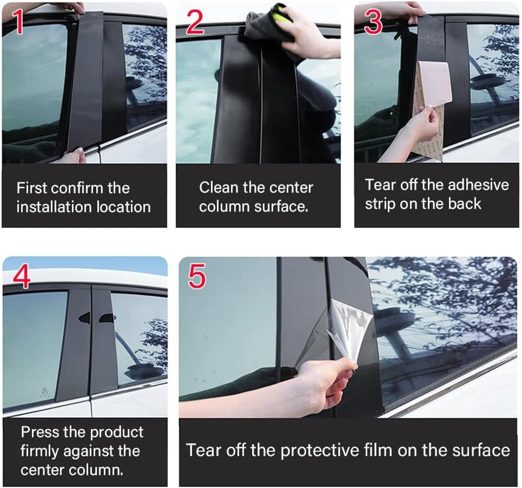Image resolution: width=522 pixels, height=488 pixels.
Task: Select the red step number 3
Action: (x=373, y=22)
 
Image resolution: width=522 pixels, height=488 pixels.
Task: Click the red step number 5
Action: (x=197, y=276)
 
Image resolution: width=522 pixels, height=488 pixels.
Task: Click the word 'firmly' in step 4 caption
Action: (x=40, y=452)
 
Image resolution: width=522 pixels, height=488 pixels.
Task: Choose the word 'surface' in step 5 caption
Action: (x=480, y=450)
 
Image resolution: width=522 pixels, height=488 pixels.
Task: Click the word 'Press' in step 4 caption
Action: (x=40, y=433)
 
